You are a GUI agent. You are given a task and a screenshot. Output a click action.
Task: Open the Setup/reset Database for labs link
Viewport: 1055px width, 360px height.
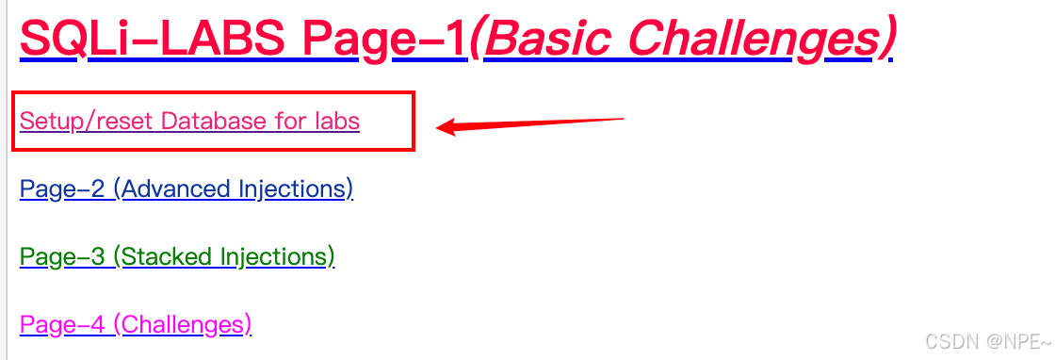coord(189,122)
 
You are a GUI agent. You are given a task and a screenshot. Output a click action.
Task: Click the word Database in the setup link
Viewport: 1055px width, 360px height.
coord(213,122)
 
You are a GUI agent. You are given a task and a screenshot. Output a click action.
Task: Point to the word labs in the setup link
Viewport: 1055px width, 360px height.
coord(337,122)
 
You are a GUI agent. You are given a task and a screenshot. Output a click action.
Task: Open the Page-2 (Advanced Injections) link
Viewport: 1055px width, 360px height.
coord(187,189)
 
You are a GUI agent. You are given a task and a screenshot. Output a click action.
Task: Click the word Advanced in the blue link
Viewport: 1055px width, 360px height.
coord(176,188)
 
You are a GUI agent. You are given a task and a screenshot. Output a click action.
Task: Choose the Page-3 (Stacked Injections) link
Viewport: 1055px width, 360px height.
coord(178,257)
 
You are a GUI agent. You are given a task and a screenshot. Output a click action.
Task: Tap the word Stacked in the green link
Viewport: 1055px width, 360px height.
coord(168,256)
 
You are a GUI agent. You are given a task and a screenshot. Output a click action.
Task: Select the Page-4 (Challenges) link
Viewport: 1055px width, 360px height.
coord(136,325)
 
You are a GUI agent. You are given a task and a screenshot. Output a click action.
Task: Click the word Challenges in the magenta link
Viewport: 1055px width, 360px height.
coord(183,325)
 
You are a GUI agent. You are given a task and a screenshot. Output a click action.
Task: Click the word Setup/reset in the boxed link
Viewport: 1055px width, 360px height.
coord(88,122)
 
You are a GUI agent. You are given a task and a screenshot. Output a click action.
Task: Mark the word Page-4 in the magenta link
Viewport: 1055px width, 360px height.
coord(62,325)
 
